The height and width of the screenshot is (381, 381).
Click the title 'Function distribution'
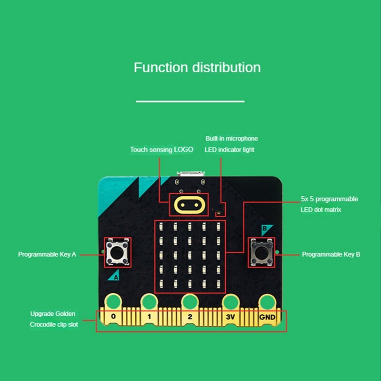[x=197, y=67]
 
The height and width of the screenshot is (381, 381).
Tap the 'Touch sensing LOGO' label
[x=161, y=150]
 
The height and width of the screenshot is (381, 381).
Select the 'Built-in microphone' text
[x=231, y=139]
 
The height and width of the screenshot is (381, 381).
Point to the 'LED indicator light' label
[x=229, y=150]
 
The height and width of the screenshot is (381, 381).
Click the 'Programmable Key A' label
[x=47, y=254]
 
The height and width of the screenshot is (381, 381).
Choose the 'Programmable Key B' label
[x=331, y=254]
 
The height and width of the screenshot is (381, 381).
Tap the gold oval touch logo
[x=189, y=205]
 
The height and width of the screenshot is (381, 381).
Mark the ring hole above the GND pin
[x=267, y=301]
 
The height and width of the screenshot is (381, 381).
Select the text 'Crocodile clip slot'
[x=54, y=325]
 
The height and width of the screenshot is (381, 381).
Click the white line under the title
[x=190, y=101]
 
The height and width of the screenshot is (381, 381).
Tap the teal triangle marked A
[x=115, y=275]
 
